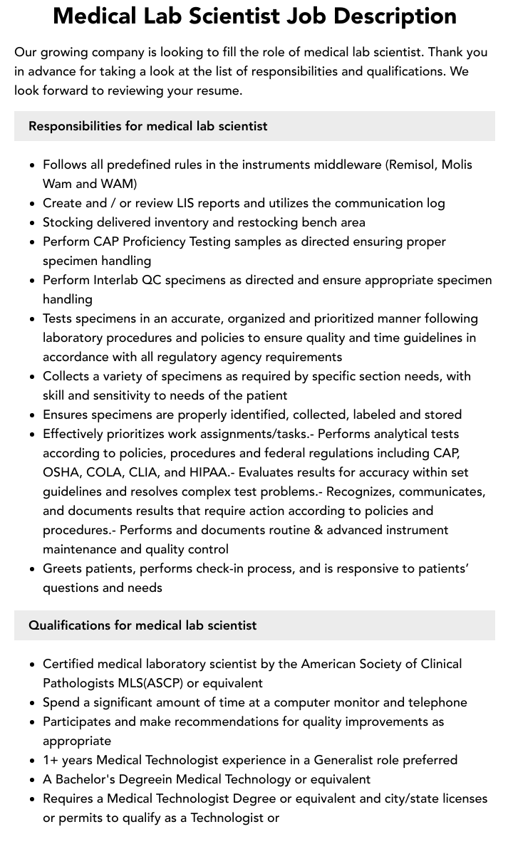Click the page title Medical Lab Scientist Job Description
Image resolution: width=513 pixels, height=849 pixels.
coord(255,16)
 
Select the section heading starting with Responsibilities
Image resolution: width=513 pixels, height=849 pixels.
coord(148,126)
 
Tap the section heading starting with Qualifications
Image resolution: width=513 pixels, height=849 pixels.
coord(142,625)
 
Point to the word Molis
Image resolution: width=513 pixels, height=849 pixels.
coord(457,165)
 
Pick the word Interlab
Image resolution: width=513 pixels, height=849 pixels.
coord(114,280)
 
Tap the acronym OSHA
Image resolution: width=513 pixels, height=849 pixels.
coord(61,472)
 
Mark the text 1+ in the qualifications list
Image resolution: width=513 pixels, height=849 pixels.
coord(50,760)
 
